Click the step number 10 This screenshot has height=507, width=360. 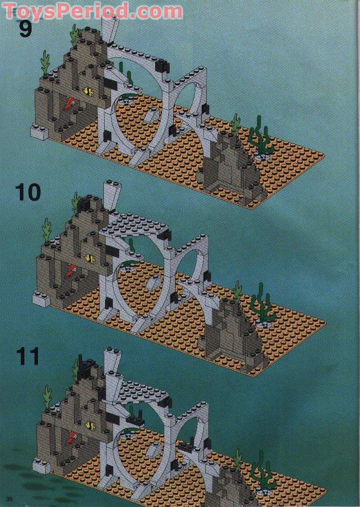pyautogui.click(x=28, y=192)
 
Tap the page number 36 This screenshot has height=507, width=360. pyautogui.click(x=10, y=498)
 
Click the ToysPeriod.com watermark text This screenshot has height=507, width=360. pyautogui.click(x=92, y=10)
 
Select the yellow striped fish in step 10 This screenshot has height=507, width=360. pyautogui.click(x=90, y=259)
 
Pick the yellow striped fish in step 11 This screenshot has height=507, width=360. pyautogui.click(x=91, y=425)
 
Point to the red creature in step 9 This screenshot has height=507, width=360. pyautogui.click(x=69, y=104)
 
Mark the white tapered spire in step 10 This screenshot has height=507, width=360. pyautogui.click(x=110, y=195)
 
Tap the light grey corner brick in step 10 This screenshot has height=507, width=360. pyautogui.click(x=41, y=298)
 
